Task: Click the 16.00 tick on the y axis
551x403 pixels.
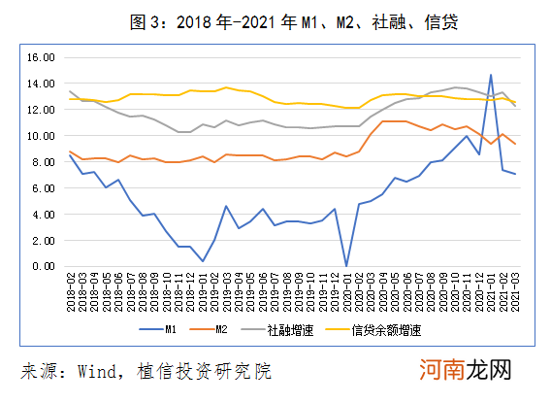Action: coord(39,57)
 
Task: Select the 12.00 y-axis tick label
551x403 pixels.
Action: coord(39,110)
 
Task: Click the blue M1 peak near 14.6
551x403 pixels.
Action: coord(491,75)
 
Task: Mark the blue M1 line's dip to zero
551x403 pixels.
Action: coord(346,265)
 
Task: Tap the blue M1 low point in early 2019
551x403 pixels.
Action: coord(203,261)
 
